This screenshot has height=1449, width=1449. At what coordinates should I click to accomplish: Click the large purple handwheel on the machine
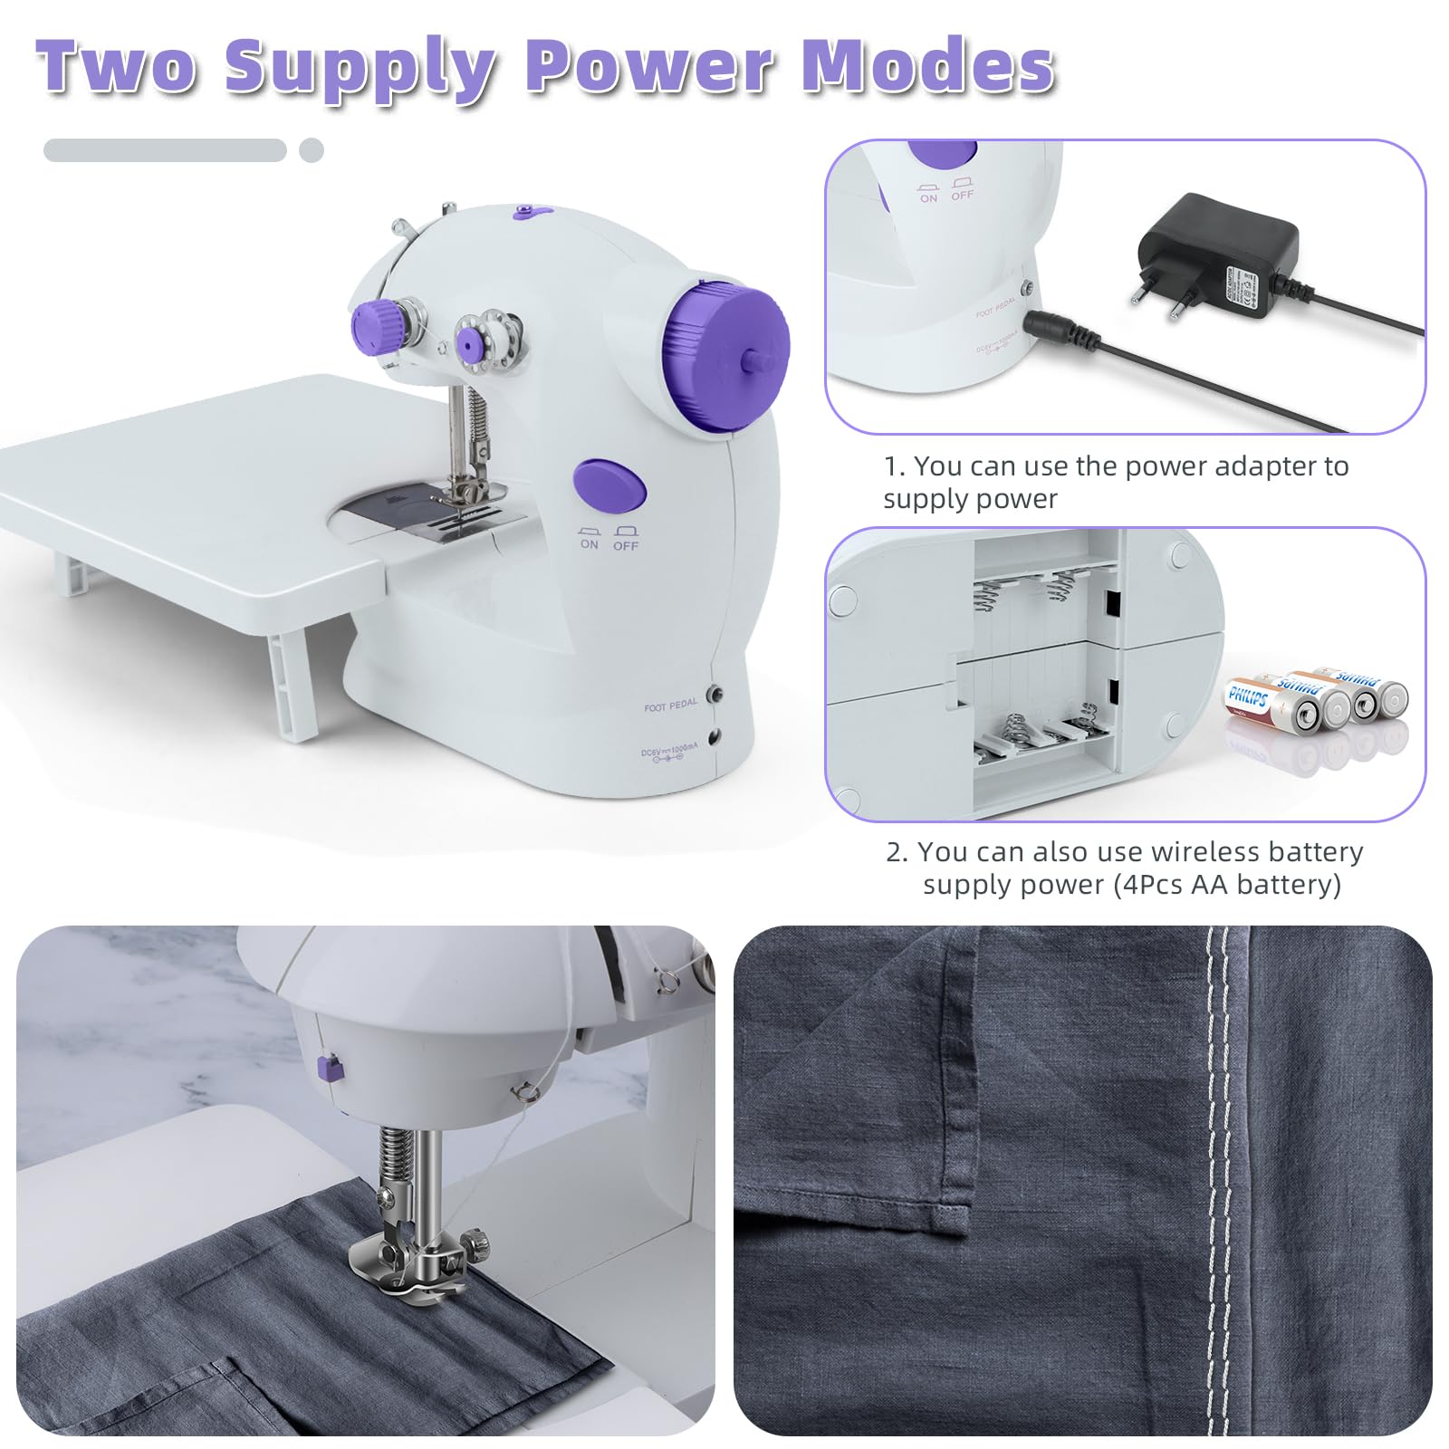(724, 353)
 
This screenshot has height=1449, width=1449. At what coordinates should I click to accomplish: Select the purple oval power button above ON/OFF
(610, 485)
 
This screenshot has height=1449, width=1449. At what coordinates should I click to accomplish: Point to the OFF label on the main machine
(626, 546)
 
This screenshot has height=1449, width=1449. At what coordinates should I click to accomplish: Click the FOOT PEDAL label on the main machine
(671, 705)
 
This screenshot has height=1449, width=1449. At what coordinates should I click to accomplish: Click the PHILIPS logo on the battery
(1247, 697)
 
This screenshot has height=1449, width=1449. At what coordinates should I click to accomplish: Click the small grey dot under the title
(312, 150)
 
